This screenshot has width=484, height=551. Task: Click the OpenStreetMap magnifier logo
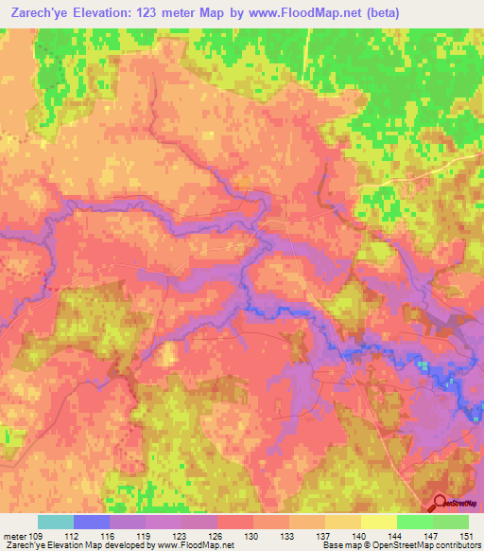(x=441, y=505)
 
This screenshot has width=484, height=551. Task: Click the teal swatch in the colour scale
(x=56, y=522)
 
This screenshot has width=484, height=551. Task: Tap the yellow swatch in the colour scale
(x=379, y=522)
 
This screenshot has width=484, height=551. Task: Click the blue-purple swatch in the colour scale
(x=92, y=522)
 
